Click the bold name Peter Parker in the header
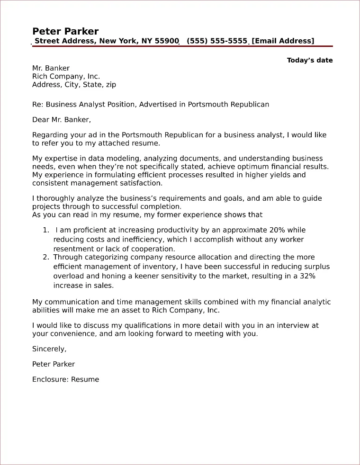click(65, 31)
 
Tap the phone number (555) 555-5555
click(217, 41)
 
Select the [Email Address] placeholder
click(283, 41)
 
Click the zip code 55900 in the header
click(166, 41)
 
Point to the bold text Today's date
click(310, 60)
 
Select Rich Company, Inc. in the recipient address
click(66, 76)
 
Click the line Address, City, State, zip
click(74, 85)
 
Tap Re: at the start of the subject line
click(37, 104)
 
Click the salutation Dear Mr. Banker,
click(61, 119)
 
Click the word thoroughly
click(57, 198)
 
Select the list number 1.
click(45, 230)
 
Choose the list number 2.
click(45, 257)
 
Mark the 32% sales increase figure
click(306, 276)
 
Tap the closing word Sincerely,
click(49, 349)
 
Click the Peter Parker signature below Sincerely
click(54, 364)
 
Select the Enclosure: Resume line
click(65, 379)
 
